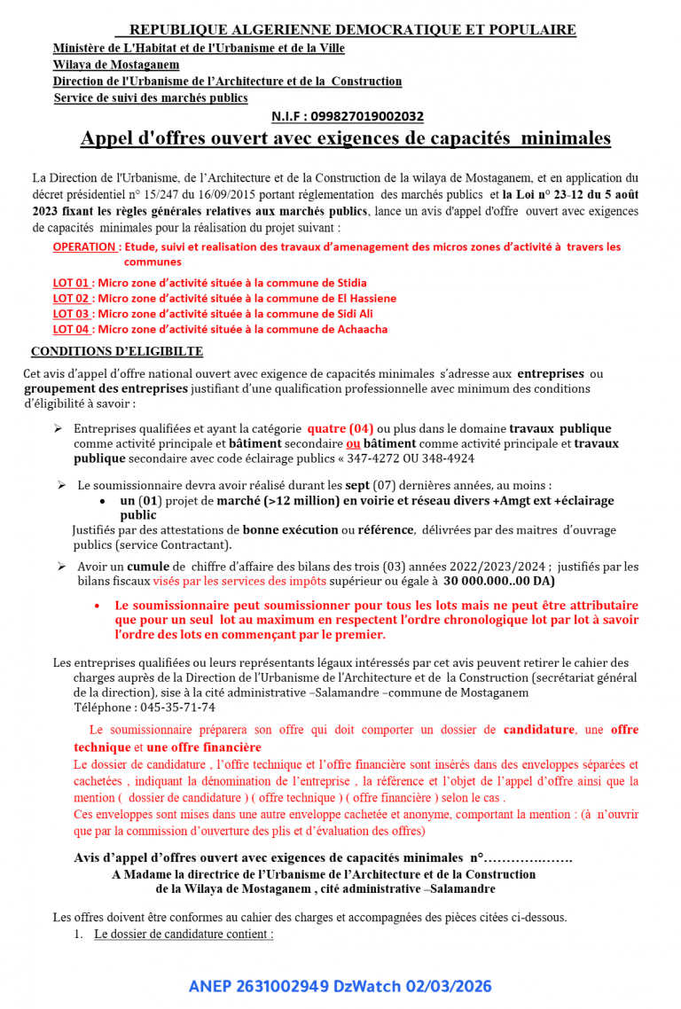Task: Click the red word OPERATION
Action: pos(84,246)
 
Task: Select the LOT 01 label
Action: pos(72,283)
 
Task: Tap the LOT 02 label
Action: pos(72,299)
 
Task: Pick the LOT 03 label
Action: pos(72,314)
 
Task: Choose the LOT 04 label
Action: pos(72,329)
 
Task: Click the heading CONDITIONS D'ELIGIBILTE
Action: pos(117,351)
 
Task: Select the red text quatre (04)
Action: pos(340,428)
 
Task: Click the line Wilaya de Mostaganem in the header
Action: pos(116,65)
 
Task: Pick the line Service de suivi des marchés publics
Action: pos(151,98)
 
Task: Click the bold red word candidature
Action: pos(538,730)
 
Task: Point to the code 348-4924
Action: pos(444,458)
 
